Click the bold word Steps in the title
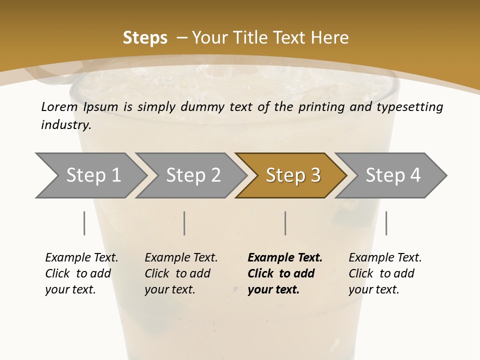point(145,38)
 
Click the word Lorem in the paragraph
point(59,106)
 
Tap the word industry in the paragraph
point(66,125)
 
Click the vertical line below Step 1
point(84,223)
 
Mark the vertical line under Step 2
point(184,223)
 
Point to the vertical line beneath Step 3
point(285,223)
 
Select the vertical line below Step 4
point(386,223)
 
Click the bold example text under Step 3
point(284,273)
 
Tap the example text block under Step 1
point(81,273)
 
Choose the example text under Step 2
point(180,273)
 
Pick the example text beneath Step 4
point(384,273)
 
